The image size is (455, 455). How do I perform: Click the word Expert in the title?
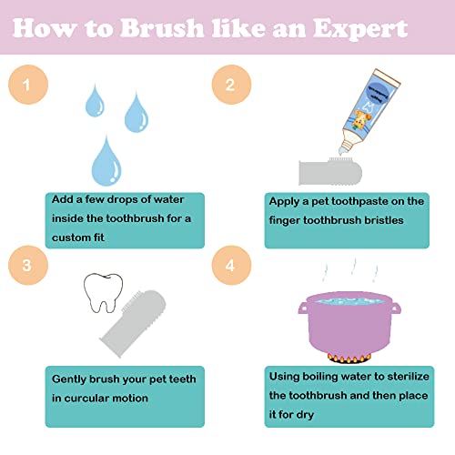[x=360, y=29]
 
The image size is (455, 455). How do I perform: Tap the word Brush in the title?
[x=161, y=28]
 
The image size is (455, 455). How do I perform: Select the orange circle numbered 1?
[x=28, y=85]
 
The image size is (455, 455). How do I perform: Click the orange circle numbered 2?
[x=231, y=85]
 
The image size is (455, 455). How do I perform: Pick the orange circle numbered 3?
[x=28, y=265]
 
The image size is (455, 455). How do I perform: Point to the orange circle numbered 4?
[x=231, y=265]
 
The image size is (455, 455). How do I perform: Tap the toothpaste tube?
[x=369, y=111]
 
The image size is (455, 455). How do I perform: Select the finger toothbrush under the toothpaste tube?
[x=330, y=172]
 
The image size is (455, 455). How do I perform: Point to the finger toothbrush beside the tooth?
[x=134, y=323]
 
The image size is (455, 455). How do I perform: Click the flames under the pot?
[x=349, y=359]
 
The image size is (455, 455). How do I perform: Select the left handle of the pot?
[x=303, y=308]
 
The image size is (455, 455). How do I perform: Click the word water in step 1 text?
[x=168, y=199]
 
